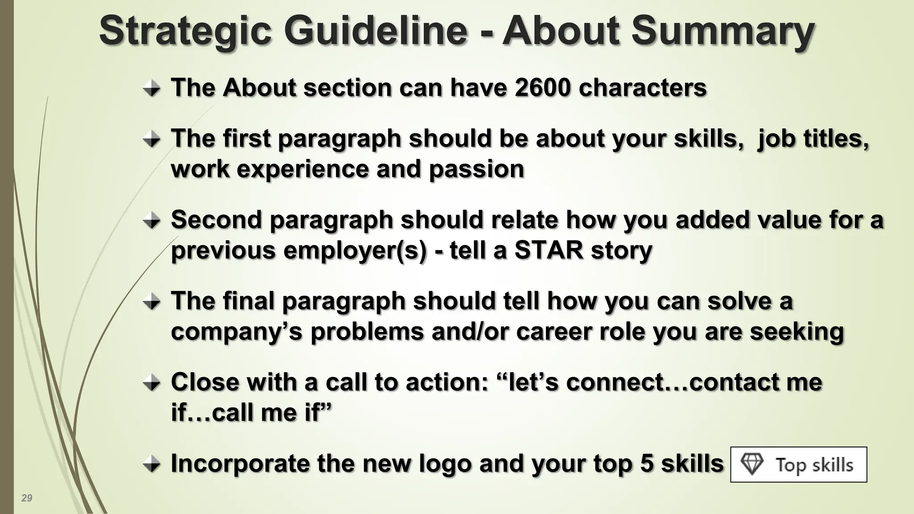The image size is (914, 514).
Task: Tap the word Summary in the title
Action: (x=723, y=32)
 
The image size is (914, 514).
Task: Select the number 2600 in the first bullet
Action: (x=542, y=87)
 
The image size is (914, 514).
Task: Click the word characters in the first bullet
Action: (x=643, y=87)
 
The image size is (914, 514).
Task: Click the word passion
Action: (x=476, y=169)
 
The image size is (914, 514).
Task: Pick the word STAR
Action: (x=549, y=250)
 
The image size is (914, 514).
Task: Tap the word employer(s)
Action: (x=355, y=250)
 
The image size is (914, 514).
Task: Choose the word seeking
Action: (x=797, y=332)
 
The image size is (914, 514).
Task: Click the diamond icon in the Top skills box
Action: (x=752, y=464)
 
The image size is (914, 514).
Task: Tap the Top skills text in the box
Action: (x=814, y=465)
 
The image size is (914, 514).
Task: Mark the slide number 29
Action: (x=27, y=498)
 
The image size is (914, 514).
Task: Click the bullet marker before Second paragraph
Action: (x=152, y=221)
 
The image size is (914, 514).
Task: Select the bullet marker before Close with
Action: (x=152, y=383)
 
